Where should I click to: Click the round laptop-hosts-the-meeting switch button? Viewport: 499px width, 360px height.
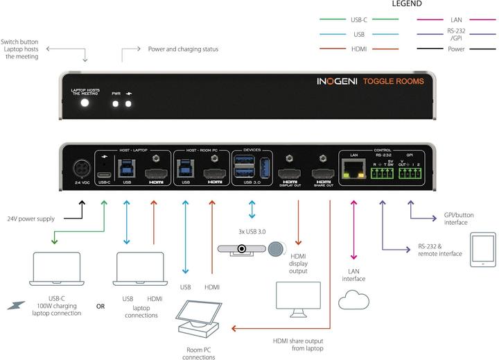[x=85, y=103]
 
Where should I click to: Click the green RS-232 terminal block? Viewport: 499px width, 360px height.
[x=383, y=175]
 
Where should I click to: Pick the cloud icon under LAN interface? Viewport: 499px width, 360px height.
[x=353, y=300]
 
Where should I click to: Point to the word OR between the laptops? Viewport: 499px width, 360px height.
[x=100, y=306]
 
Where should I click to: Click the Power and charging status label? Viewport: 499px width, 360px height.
[x=183, y=49]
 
